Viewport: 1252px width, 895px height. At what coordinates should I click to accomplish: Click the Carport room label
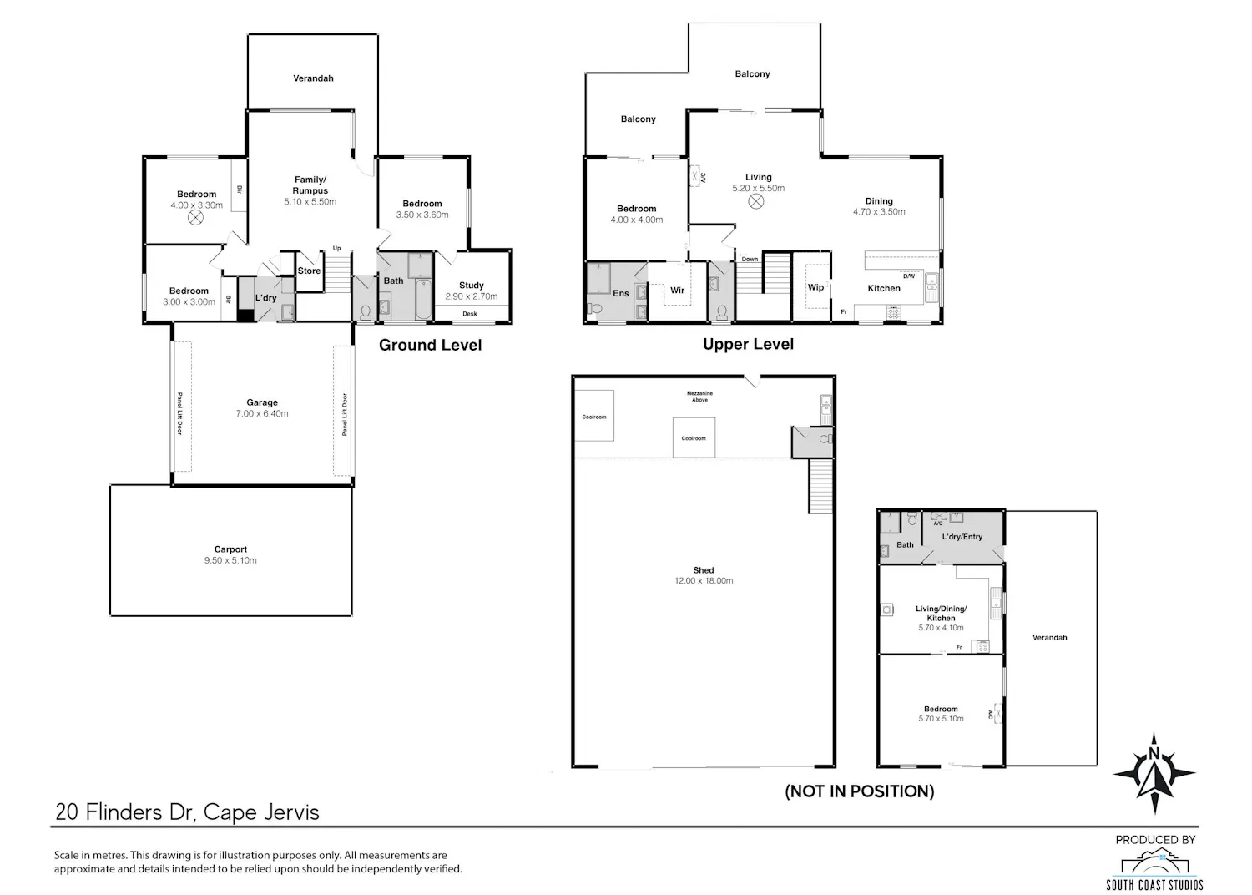coord(230,549)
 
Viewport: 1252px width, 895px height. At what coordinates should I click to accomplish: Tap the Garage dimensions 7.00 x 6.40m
coord(262,413)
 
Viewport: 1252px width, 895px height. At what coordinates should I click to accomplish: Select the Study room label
coord(472,285)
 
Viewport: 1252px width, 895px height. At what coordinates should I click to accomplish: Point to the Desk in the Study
coord(469,314)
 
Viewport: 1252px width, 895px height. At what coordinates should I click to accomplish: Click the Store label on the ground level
coord(309,271)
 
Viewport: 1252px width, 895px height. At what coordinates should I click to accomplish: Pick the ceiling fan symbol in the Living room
coord(755,201)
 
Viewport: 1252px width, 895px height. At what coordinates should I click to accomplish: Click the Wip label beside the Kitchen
coord(815,287)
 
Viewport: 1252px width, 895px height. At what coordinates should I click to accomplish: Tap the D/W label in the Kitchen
coord(909,276)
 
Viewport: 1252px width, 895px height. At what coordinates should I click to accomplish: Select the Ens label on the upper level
coord(620,293)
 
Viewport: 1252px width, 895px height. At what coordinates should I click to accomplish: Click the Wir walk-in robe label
coord(678,291)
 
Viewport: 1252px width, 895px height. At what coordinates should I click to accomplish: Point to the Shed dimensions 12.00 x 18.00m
coord(704,581)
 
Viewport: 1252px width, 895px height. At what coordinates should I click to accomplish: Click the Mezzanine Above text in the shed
coord(699,397)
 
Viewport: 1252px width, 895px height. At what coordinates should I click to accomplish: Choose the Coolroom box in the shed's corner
coord(594,417)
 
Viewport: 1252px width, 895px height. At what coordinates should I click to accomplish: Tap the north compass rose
coord(1154,773)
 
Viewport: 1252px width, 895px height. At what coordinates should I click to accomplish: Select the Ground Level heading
coord(431,345)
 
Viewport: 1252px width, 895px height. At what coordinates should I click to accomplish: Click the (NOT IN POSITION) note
coord(860,791)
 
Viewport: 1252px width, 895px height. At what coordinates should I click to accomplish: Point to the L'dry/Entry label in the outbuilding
coord(962,537)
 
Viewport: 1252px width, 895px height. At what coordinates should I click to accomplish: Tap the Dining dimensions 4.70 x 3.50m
coord(879,212)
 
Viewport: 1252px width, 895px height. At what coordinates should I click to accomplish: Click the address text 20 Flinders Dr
coord(124,812)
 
